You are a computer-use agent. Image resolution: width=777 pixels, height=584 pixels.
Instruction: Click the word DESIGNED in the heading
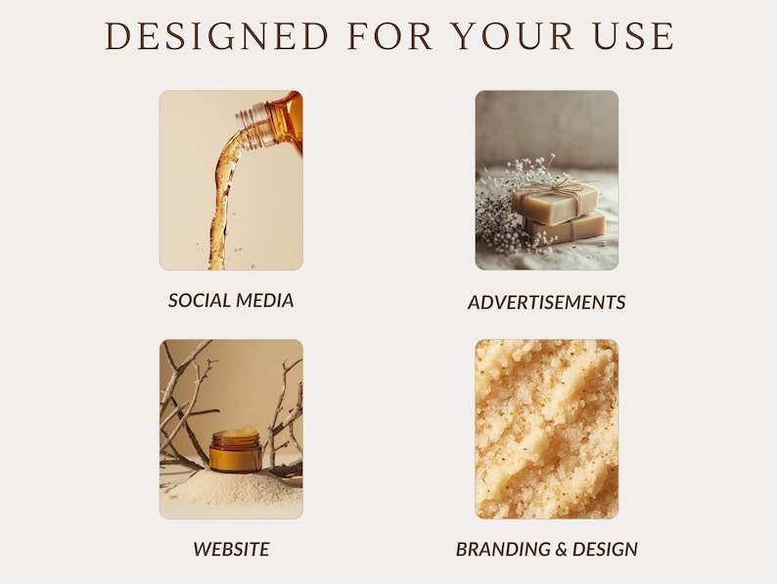tap(216, 36)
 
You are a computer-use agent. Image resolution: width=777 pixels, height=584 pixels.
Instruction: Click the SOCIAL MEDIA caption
tap(231, 301)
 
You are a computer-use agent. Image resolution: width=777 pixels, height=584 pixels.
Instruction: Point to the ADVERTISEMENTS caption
tap(546, 303)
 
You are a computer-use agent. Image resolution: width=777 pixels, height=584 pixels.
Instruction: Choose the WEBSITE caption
tap(231, 549)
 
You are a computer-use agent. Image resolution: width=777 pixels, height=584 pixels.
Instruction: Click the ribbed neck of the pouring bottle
tap(255, 124)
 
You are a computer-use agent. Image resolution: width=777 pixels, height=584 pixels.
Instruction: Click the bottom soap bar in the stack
tap(568, 228)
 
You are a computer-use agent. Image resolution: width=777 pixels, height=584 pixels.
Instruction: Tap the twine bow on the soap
tap(555, 183)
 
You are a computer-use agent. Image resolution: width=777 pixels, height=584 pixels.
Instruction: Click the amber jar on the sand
tap(235, 454)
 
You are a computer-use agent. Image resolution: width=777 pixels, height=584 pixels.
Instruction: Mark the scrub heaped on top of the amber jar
tap(236, 433)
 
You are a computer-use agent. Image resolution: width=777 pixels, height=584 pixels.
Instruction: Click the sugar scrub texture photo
tap(546, 429)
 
